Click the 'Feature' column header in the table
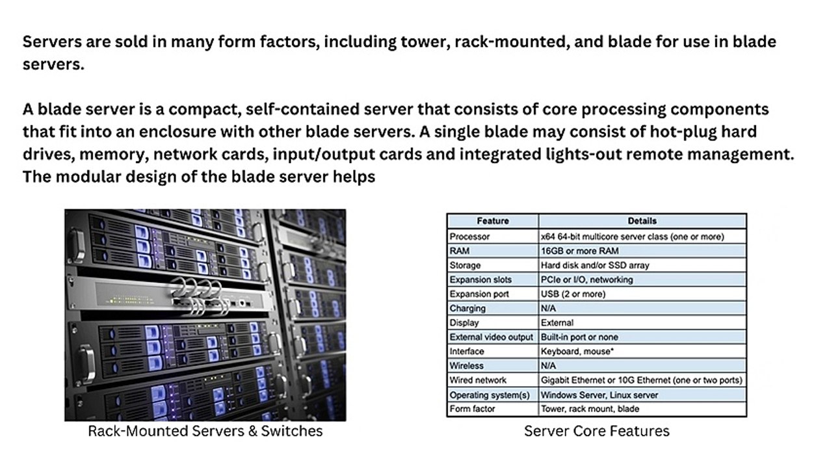point(493,221)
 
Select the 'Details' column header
point(642,221)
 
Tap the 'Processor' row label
point(469,237)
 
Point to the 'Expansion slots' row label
point(480,279)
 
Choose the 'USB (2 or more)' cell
point(573,294)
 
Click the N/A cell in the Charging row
point(548,308)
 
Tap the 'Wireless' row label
point(466,365)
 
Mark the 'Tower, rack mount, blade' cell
point(590,409)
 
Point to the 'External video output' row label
point(491,337)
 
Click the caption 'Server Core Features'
point(596,430)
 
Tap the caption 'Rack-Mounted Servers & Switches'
point(205,430)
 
